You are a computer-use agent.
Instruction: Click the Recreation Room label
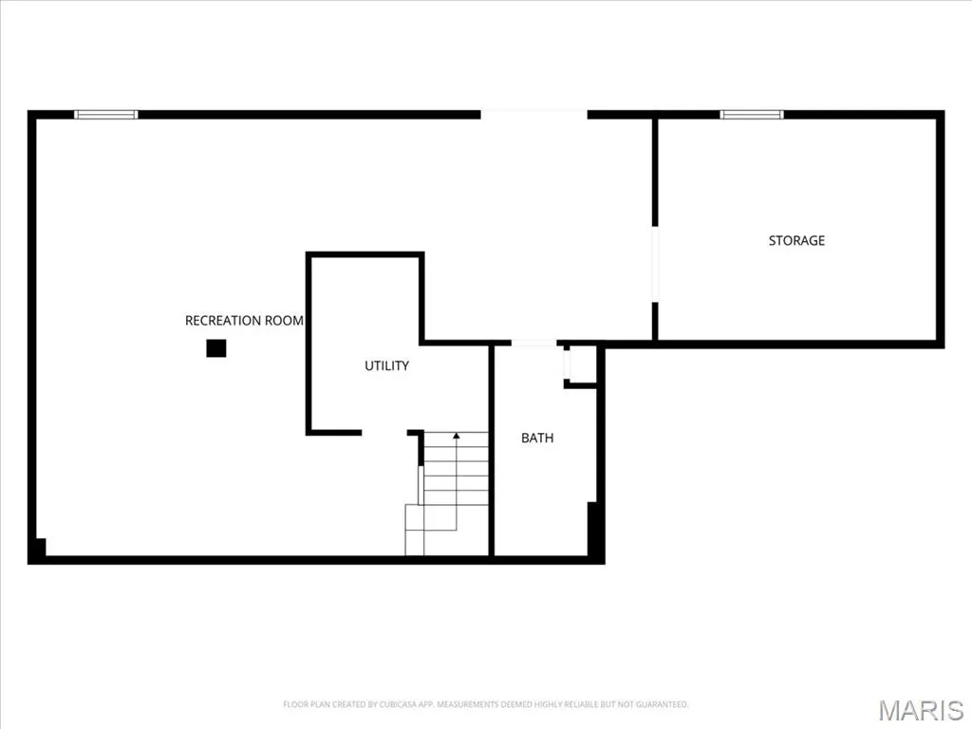coord(244,321)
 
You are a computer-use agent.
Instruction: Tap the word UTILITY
coord(387,365)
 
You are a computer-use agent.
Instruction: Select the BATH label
coord(537,439)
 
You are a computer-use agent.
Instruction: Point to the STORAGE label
coord(796,240)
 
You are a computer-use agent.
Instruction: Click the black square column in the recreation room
coord(216,348)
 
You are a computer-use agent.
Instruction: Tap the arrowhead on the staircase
coord(457,436)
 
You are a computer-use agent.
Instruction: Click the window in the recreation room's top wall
coord(106,114)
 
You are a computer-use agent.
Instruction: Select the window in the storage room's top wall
coord(752,114)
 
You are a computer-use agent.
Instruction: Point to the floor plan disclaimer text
coord(485,704)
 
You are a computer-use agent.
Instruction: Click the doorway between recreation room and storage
coord(655,264)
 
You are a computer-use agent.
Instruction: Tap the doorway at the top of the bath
coord(533,343)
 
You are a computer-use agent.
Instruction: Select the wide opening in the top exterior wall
coord(533,114)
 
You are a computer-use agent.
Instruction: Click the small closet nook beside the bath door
coord(581,364)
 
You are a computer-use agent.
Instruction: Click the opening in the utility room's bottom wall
coord(384,432)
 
